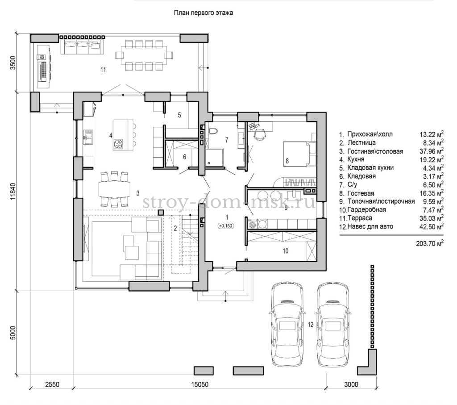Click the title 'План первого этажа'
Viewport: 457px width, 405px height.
click(x=204, y=13)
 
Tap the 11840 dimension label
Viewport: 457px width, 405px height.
click(x=13, y=192)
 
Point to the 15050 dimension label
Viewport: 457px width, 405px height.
click(x=199, y=384)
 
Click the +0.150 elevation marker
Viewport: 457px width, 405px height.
click(x=226, y=225)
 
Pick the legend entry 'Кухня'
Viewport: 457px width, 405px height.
click(x=356, y=159)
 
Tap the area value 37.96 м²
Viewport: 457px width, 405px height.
click(x=432, y=151)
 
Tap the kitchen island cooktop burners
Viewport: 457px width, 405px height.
click(x=118, y=143)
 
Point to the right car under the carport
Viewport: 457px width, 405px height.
click(x=333, y=324)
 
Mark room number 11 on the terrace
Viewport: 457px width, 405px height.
click(x=103, y=70)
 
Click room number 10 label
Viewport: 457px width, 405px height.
click(x=285, y=251)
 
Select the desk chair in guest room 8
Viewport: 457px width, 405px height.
click(x=260, y=134)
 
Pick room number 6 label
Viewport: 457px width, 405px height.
click(x=184, y=157)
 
